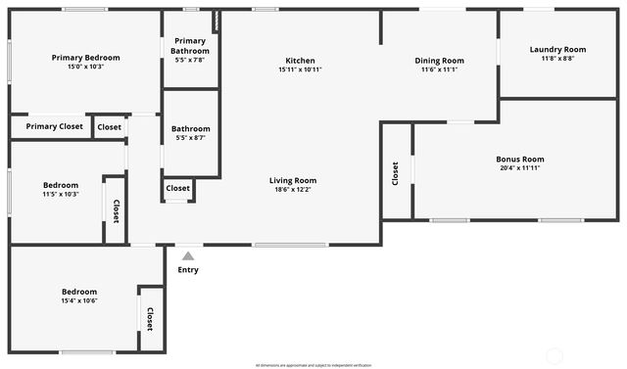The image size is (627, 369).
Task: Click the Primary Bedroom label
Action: tap(85, 58)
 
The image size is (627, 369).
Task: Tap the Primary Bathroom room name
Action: tap(190, 45)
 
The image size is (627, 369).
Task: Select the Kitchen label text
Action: tap(300, 61)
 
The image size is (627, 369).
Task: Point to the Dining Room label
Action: tap(439, 61)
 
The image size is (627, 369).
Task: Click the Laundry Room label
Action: tap(557, 49)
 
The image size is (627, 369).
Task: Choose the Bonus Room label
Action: tap(519, 159)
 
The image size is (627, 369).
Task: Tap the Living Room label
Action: tap(293, 180)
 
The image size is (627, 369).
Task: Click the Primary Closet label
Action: tap(55, 126)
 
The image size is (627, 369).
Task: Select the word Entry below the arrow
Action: tap(188, 270)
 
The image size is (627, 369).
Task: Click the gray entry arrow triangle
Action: tap(188, 256)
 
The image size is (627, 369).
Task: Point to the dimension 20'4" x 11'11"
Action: tap(519, 168)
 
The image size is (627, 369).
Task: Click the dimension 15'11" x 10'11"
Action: tap(300, 69)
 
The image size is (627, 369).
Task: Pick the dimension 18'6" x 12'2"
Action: tap(293, 190)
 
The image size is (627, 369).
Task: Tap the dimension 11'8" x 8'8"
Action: tap(557, 59)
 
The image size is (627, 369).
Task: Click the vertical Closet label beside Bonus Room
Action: tap(396, 173)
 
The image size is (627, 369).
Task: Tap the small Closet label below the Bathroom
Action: tap(177, 188)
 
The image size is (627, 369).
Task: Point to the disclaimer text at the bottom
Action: tap(313, 365)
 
